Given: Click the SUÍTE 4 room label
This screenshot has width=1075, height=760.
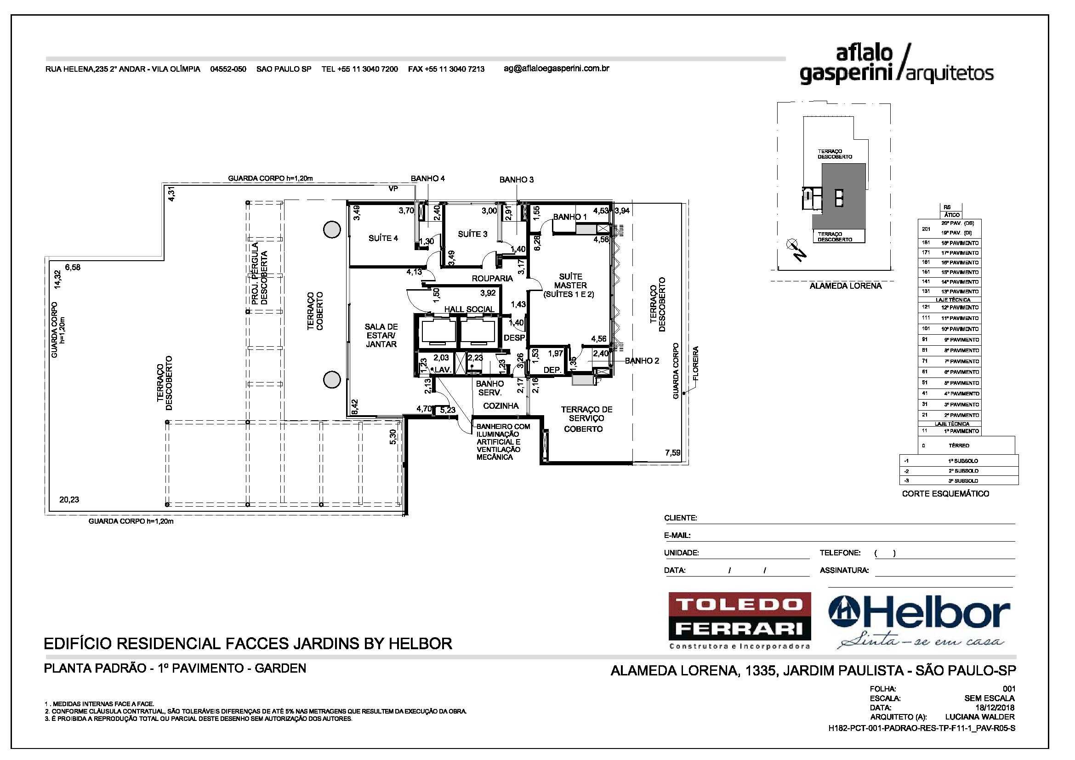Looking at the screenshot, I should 383,238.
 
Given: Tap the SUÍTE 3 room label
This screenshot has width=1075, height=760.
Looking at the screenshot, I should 472,234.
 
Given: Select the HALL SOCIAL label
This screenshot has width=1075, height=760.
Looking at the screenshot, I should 469,309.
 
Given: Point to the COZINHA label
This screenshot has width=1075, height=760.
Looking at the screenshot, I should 501,406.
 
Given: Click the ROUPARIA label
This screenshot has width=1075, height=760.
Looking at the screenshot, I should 492,278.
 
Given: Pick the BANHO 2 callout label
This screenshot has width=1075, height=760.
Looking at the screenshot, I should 642,360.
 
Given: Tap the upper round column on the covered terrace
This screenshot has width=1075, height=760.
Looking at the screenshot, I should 332,229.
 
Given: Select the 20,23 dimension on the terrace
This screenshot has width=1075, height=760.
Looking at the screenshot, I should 69,500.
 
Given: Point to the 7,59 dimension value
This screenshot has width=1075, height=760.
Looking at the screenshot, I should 672,453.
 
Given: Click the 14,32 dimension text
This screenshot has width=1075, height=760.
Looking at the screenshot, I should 57,280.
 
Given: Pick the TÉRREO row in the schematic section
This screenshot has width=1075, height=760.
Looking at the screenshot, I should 959,446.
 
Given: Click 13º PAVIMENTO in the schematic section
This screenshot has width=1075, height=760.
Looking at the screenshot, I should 960,291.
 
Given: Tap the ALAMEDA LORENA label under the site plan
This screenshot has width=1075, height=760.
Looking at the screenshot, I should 845,286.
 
